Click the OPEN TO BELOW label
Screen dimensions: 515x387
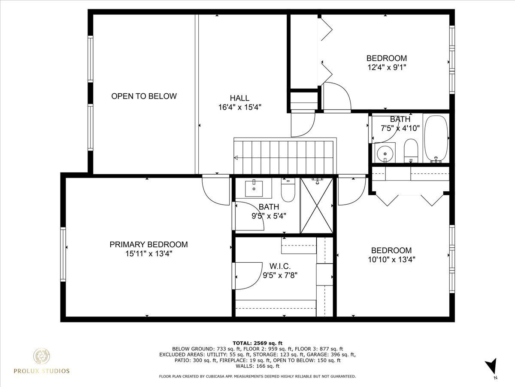pyautogui.click(x=144, y=96)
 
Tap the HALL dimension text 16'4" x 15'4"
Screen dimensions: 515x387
pyautogui.click(x=239, y=107)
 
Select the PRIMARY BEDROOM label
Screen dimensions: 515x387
pyautogui.click(x=148, y=245)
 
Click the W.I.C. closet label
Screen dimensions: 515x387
pyautogui.click(x=280, y=266)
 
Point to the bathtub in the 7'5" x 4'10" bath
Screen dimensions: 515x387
pyautogui.click(x=436, y=138)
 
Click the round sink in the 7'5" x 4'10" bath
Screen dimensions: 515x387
pyautogui.click(x=385, y=154)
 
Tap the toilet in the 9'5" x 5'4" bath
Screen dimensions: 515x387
pyautogui.click(x=288, y=190)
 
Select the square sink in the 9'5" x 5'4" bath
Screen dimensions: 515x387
pyautogui.click(x=254, y=188)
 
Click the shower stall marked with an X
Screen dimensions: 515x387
pyautogui.click(x=316, y=206)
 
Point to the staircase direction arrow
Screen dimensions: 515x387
pyautogui.click(x=236, y=157)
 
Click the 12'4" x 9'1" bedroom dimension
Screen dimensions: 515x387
pyautogui.click(x=386, y=68)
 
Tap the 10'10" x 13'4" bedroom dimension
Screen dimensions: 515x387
pyautogui.click(x=391, y=260)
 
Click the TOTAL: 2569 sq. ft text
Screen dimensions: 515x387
pyautogui.click(x=257, y=343)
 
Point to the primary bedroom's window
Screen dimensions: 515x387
pyautogui.click(x=63, y=254)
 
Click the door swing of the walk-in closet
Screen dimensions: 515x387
pyautogui.click(x=248, y=276)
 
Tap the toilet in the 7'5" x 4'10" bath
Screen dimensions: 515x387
pyautogui.click(x=411, y=150)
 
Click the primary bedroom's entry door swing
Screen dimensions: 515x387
pyautogui.click(x=215, y=190)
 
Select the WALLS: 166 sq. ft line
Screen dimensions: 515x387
pyautogui.click(x=257, y=366)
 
